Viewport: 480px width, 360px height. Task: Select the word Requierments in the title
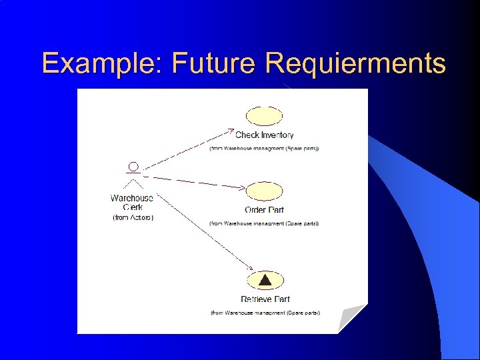pyautogui.click(x=355, y=63)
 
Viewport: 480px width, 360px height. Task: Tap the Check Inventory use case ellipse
pyautogui.click(x=265, y=115)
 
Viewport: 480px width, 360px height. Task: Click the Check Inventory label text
pyautogui.click(x=265, y=135)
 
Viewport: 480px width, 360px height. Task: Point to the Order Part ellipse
pyautogui.click(x=265, y=191)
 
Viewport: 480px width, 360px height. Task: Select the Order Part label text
pyautogui.click(x=265, y=210)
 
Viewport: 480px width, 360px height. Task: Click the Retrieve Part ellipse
pyautogui.click(x=265, y=281)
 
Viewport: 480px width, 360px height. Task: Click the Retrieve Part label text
pyautogui.click(x=265, y=299)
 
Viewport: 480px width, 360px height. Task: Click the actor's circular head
pyautogui.click(x=133, y=167)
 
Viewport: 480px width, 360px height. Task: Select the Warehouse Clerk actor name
pyautogui.click(x=132, y=202)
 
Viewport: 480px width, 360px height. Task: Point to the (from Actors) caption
pyautogui.click(x=133, y=217)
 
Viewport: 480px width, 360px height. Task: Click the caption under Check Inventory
pyautogui.click(x=265, y=148)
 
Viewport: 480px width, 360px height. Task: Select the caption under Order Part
pyautogui.click(x=265, y=223)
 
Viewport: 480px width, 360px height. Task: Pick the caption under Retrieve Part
pyautogui.click(x=265, y=312)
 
